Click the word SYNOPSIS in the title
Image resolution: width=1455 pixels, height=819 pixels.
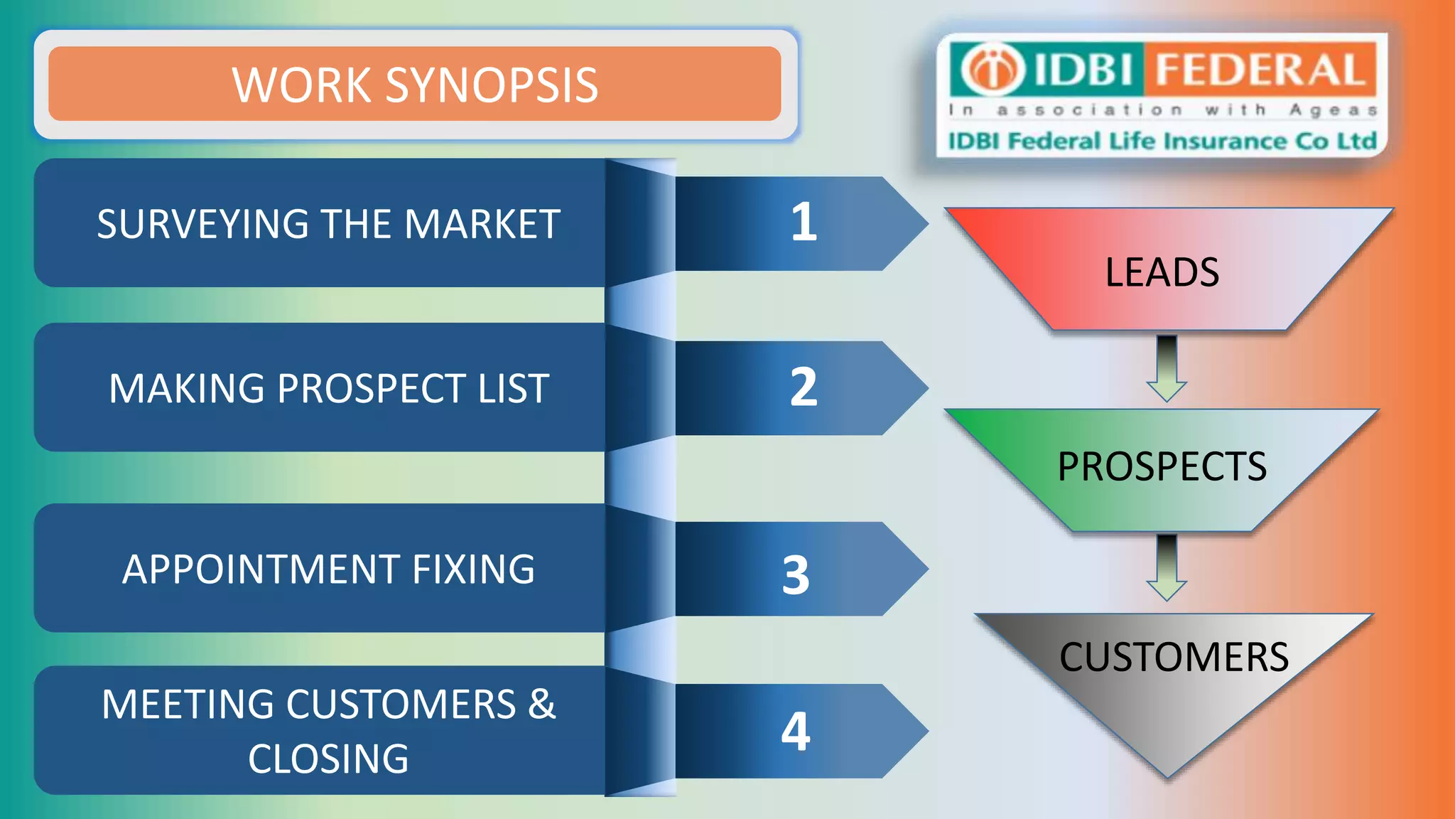click(x=491, y=85)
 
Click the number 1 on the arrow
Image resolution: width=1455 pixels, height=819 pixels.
click(x=804, y=223)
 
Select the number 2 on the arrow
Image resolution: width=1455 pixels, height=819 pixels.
click(x=804, y=387)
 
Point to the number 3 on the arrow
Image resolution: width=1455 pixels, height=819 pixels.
click(x=796, y=574)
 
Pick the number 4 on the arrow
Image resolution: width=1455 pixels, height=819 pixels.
click(x=796, y=731)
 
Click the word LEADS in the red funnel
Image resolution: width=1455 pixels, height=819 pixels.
click(x=1162, y=272)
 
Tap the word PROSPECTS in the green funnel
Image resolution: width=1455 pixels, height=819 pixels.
click(x=1162, y=467)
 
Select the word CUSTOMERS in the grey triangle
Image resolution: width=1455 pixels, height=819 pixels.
click(x=1174, y=657)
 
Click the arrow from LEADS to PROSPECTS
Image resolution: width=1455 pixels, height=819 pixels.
click(x=1167, y=369)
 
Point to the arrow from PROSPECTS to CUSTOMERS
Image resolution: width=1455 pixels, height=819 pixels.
click(x=1167, y=568)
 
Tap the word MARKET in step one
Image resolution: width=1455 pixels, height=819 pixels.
click(x=482, y=225)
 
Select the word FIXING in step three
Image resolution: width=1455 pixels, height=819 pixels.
click(x=473, y=569)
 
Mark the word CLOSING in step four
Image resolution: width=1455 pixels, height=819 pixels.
click(x=328, y=759)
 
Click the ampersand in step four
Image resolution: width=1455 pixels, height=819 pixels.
click(x=541, y=704)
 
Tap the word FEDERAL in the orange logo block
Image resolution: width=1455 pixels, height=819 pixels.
click(x=1260, y=70)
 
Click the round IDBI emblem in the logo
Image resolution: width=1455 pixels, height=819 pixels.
click(x=992, y=69)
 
